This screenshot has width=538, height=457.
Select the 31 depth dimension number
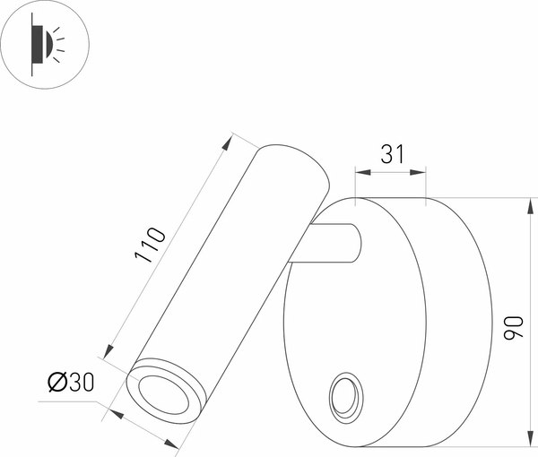pyautogui.click(x=391, y=154)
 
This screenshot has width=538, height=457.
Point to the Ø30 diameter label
pyautogui.click(x=70, y=383)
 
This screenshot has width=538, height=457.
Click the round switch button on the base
pyautogui.click(x=344, y=396)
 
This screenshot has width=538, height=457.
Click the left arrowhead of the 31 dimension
pyautogui.click(x=360, y=170)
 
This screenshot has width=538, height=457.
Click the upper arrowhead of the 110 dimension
pyautogui.click(x=230, y=137)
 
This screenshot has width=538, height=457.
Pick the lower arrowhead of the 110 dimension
pyautogui.click(x=108, y=356)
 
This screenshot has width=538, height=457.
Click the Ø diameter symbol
pyautogui.click(x=55, y=383)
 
